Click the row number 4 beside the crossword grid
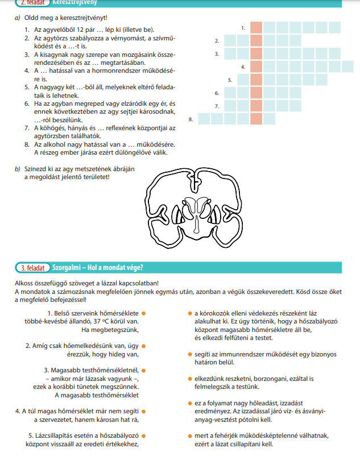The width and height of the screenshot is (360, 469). [243, 67]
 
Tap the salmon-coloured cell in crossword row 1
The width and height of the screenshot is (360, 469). [256, 27]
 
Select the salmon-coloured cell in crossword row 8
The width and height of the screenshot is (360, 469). [256, 119]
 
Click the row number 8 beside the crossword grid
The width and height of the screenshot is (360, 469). [191, 119]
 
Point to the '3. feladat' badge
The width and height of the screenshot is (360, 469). [32, 268]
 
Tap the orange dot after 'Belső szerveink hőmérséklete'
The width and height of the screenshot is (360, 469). [144, 313]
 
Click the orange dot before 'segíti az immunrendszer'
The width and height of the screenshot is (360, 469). [190, 354]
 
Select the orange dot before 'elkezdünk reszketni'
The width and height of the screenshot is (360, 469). [190, 379]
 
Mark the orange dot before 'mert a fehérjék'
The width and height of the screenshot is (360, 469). [190, 436]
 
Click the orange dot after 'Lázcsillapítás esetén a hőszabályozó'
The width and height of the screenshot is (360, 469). [144, 436]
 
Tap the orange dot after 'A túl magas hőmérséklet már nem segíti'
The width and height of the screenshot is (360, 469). [144, 412]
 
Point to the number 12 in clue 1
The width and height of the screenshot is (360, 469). [80, 30]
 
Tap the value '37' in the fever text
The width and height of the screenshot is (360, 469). [96, 322]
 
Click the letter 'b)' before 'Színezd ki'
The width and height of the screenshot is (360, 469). [18, 169]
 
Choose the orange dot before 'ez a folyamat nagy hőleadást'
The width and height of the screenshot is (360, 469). [190, 404]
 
